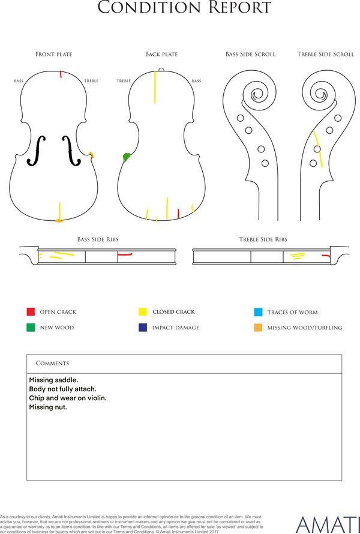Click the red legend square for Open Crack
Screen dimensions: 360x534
click(31, 311)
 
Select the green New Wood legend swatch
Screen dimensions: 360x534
click(31, 327)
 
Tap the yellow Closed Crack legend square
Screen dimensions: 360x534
click(143, 311)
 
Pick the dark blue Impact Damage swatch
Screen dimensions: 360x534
click(143, 327)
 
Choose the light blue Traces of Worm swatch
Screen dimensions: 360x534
click(258, 312)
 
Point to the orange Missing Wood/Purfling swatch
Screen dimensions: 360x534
click(258, 328)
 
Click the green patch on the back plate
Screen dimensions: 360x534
click(127, 157)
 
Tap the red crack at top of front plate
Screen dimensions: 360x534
click(61, 74)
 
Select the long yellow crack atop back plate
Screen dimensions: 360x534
click(155, 87)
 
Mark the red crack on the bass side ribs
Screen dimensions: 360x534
click(125, 254)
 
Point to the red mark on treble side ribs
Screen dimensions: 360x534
click(326, 256)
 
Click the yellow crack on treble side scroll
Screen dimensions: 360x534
click(318, 149)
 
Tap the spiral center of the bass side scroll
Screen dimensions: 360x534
click(257, 95)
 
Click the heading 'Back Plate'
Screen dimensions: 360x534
click(161, 54)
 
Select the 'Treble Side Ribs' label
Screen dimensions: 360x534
click(263, 239)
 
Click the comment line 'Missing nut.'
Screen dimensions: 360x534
click(48, 407)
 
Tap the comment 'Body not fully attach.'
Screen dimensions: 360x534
click(62, 389)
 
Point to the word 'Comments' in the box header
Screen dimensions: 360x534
click(52, 363)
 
